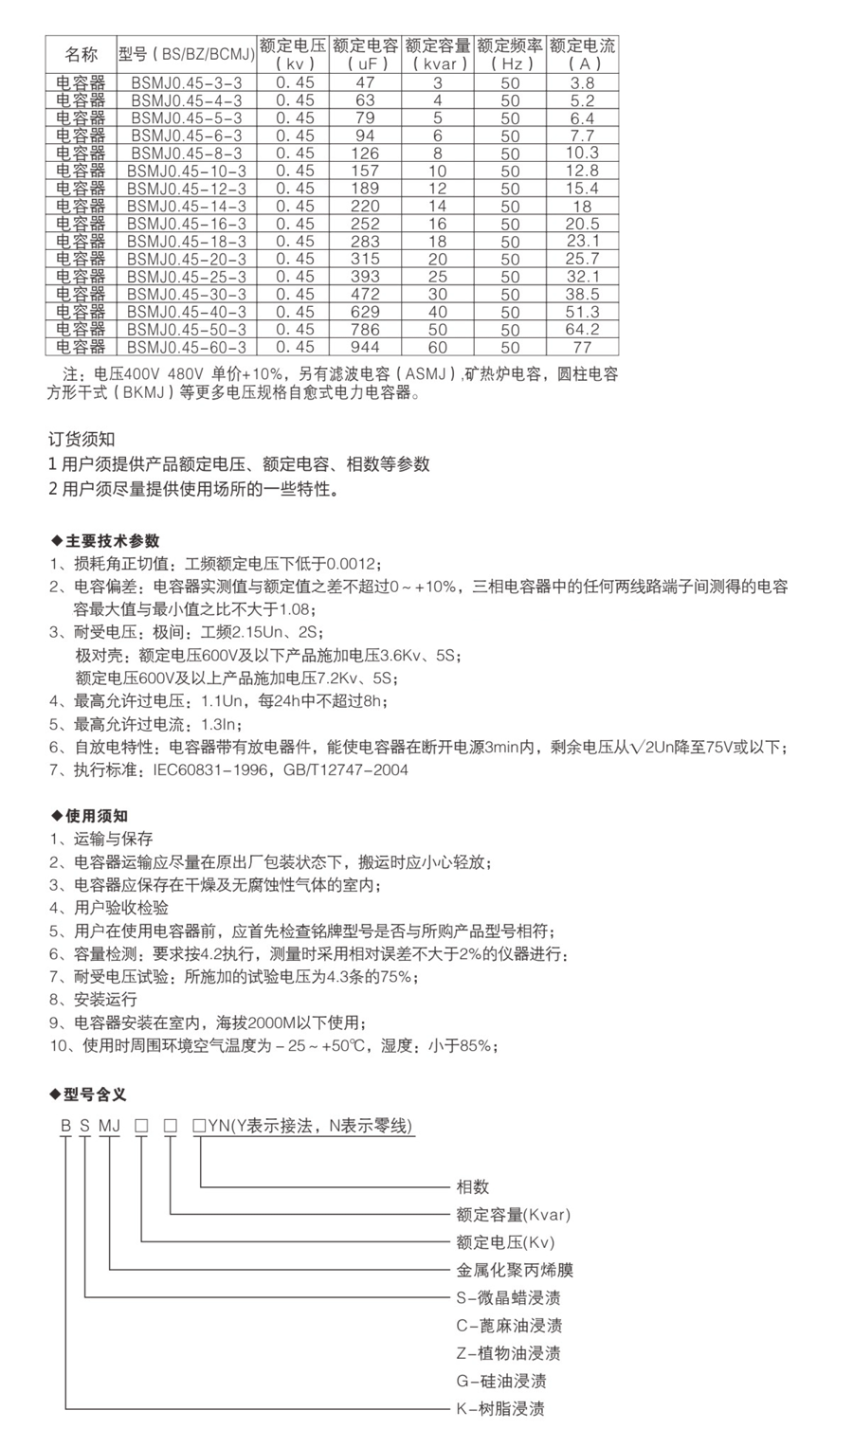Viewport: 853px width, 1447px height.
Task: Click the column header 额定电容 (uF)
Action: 366,54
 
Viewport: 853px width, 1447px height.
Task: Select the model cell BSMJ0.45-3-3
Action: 187,82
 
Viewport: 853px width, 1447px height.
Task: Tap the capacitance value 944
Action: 366,347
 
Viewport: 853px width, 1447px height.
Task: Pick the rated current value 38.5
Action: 582,294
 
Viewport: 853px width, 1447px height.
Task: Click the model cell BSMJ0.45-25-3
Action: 187,277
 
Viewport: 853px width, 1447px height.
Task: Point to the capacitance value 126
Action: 366,154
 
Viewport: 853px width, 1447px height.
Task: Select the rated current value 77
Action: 582,347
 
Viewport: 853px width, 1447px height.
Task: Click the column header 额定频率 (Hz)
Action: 510,54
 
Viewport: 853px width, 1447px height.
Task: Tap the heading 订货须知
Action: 82,440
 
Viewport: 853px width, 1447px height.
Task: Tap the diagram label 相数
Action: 473,1186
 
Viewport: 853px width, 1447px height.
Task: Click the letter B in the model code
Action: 65,1127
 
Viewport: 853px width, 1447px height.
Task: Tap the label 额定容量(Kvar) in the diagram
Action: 514,1214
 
